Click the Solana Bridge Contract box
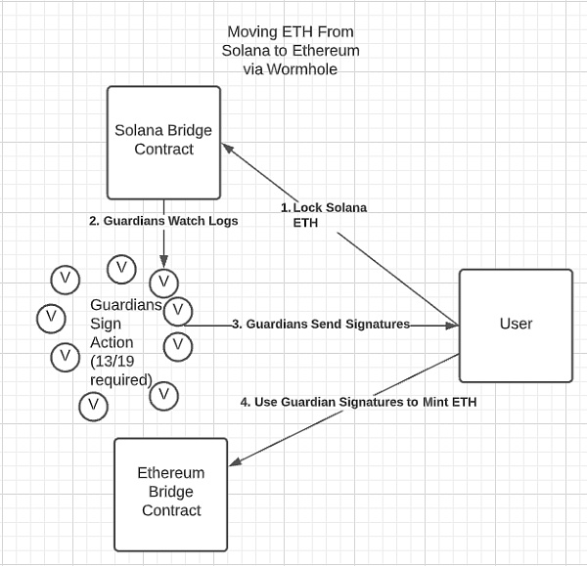pyautogui.click(x=161, y=141)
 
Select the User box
pyautogui.click(x=516, y=325)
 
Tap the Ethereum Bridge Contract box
pyautogui.click(x=171, y=493)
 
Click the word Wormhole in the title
pyautogui.click(x=305, y=68)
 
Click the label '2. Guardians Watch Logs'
pyautogui.click(x=163, y=221)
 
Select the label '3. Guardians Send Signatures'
pyautogui.click(x=320, y=324)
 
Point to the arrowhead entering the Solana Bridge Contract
pyautogui.click(x=226, y=147)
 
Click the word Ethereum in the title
pyautogui.click(x=331, y=50)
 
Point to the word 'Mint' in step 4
pyautogui.click(x=435, y=402)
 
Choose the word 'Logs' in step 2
pyautogui.click(x=221, y=221)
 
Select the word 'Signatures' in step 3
pyautogui.click(x=376, y=324)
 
